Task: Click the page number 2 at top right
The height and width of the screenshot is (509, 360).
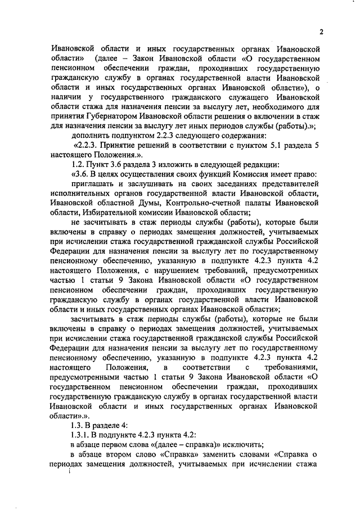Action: (x=321, y=31)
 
